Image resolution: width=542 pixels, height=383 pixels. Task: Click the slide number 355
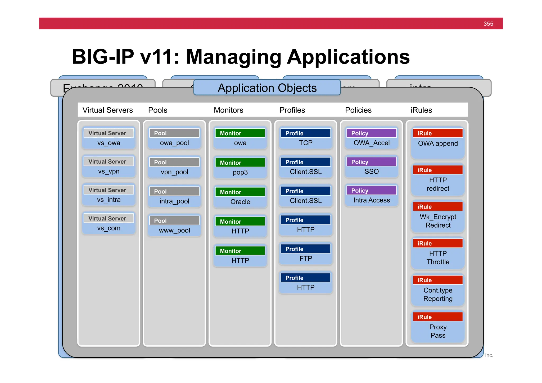coord(488,24)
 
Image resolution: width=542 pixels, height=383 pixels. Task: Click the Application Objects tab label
coord(267,88)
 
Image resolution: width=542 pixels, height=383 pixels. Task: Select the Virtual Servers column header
coord(107,110)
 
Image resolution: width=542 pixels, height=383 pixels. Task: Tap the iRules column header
coord(421,110)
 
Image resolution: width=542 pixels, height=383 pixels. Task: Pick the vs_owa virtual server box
coord(109,138)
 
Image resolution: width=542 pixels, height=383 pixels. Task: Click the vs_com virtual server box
coord(109,223)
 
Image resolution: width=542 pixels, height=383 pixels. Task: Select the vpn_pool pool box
coord(174,167)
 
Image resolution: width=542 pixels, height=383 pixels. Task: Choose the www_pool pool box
coord(174,226)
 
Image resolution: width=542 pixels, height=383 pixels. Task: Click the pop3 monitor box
coord(240,168)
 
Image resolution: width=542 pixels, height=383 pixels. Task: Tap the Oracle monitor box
coord(240,197)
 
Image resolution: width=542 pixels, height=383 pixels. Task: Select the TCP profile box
coord(306,138)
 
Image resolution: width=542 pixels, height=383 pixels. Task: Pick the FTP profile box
coord(306,254)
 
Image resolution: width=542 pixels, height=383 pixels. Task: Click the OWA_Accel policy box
coord(371,138)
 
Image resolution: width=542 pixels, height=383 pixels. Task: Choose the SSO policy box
coord(371,167)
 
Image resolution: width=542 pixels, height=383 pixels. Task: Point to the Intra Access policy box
coord(371,196)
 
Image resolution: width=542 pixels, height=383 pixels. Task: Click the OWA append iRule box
coord(438,143)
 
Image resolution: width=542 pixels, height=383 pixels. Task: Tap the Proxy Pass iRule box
coord(438,327)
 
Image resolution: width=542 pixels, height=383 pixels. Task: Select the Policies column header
coord(358,110)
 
